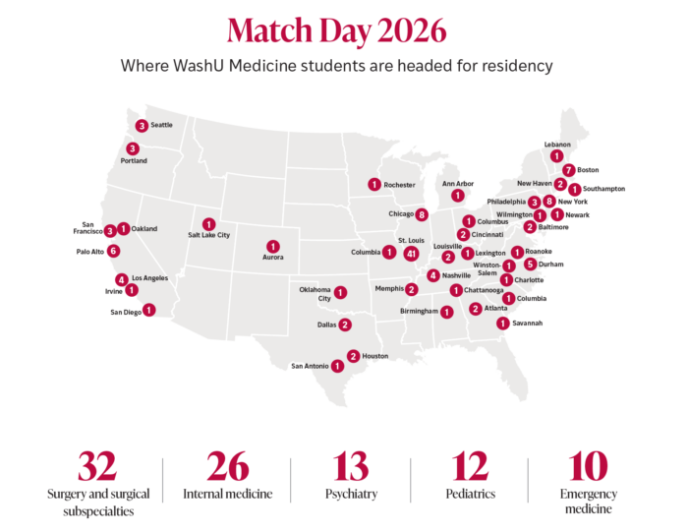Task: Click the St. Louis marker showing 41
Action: click(412, 253)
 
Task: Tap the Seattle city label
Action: click(161, 125)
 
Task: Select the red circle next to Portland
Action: click(133, 148)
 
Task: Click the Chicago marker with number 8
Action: click(422, 214)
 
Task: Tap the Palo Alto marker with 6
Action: click(114, 251)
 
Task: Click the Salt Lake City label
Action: click(208, 236)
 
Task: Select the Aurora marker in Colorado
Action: click(272, 246)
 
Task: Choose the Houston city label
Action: click(375, 356)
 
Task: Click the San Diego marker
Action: click(148, 310)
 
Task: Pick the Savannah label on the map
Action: click(528, 324)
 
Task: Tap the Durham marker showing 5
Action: click(530, 264)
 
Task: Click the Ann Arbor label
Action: click(458, 183)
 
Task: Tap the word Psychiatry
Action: click(351, 494)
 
